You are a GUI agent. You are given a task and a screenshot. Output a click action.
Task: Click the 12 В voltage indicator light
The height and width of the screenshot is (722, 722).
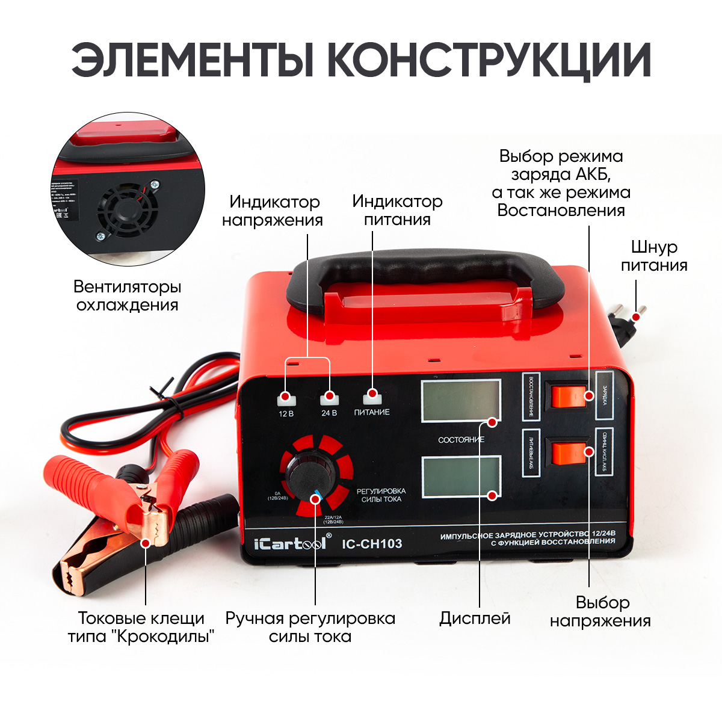[286, 398]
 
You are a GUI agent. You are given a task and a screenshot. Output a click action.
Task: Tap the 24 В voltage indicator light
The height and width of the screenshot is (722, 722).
[329, 398]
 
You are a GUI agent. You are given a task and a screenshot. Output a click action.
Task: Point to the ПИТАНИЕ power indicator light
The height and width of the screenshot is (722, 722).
[372, 396]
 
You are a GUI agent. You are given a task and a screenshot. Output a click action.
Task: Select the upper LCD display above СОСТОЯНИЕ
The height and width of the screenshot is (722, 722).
[460, 401]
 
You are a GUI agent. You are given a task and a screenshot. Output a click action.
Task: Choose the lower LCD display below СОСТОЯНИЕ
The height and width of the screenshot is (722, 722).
[461, 477]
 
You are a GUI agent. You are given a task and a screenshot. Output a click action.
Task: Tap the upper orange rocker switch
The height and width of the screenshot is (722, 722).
[569, 395]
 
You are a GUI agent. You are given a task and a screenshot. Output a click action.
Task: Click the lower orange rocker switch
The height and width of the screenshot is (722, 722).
[569, 454]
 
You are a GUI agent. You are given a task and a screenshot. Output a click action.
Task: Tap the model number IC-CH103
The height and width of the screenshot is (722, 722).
[372, 544]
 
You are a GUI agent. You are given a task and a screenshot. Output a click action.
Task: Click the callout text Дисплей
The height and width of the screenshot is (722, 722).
[475, 619]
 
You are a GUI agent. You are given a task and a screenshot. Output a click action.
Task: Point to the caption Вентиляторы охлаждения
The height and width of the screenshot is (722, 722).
[128, 295]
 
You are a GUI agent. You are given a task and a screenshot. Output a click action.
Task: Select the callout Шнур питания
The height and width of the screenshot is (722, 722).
[653, 256]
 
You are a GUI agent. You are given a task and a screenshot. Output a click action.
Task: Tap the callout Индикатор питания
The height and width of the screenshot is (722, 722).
[397, 210]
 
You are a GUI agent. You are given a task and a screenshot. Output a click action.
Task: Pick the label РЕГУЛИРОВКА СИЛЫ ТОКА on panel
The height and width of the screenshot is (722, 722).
[381, 495]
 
